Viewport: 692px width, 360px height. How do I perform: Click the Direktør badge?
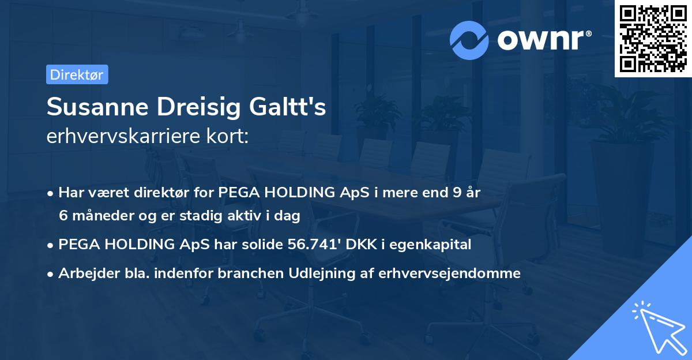(77, 74)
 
